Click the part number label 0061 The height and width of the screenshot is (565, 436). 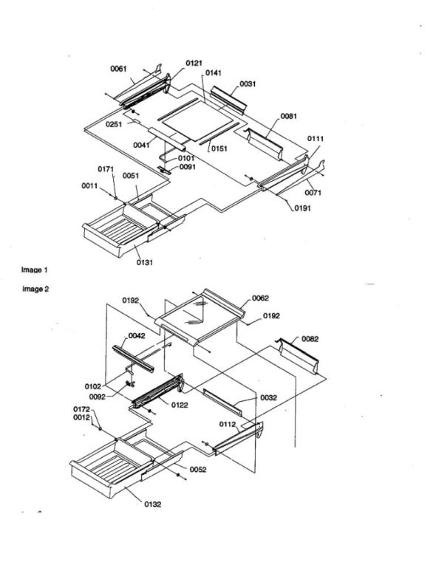(118, 69)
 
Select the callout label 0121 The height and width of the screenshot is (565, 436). (194, 64)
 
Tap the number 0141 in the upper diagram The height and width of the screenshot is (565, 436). (214, 73)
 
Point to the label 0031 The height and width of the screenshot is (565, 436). (248, 84)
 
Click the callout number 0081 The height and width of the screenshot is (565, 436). (289, 116)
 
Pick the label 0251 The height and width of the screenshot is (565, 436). (114, 124)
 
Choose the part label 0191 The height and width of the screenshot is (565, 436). (302, 208)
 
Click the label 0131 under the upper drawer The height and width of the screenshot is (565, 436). (144, 263)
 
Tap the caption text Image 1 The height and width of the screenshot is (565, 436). (34, 270)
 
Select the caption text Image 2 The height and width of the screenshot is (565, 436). (35, 289)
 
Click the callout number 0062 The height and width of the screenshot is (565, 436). (260, 298)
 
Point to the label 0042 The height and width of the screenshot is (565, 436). (137, 336)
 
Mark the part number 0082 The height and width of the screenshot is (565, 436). (310, 339)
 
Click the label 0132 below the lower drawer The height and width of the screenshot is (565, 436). (152, 504)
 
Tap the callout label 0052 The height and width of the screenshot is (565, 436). (198, 470)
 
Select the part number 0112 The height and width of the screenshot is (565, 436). (228, 425)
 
